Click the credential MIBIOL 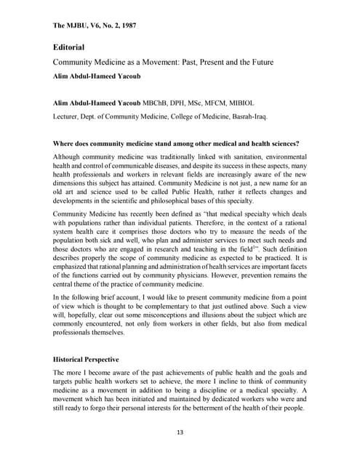point(251,102)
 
